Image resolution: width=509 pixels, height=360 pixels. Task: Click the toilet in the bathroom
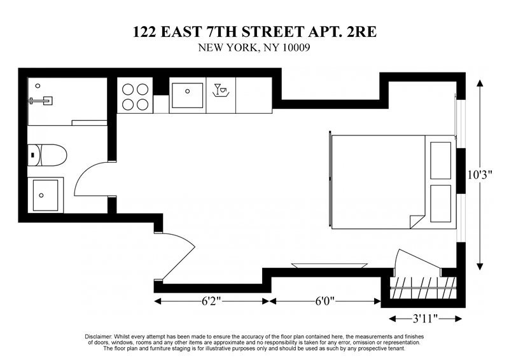click(48, 155)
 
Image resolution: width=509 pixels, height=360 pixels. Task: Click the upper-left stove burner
click(127, 90)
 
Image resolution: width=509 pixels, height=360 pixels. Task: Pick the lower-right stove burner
click(143, 105)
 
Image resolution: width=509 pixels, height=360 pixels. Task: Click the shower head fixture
click(42, 99)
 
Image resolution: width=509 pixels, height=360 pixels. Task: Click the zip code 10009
click(292, 48)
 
